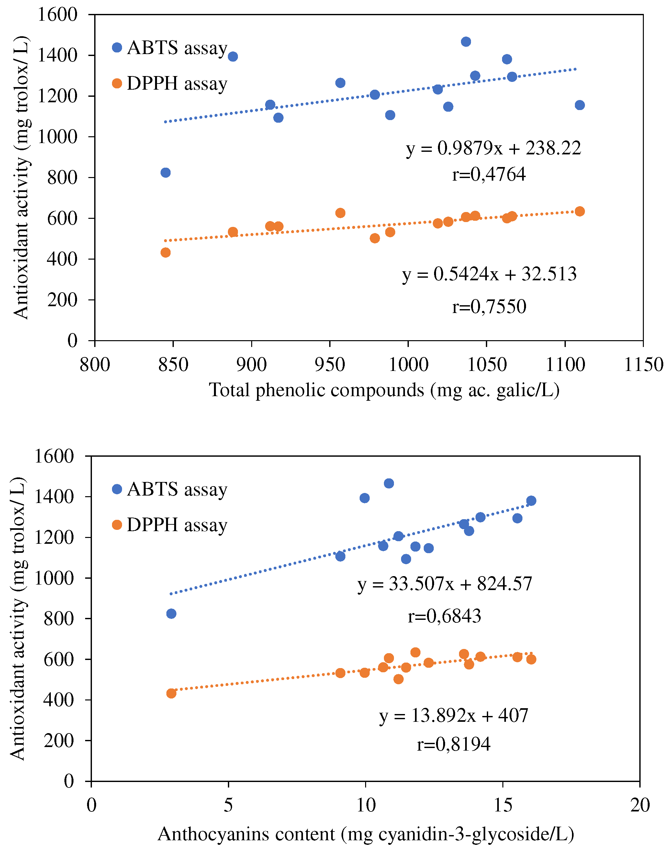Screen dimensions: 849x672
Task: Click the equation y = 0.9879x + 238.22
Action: tap(493, 149)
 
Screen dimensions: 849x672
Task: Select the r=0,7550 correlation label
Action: tap(489, 307)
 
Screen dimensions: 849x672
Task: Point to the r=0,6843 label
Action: tap(444, 616)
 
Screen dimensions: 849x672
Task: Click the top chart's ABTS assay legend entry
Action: tap(170, 48)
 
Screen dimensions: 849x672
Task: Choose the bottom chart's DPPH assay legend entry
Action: tap(170, 525)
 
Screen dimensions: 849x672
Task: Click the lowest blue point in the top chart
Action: tap(166, 173)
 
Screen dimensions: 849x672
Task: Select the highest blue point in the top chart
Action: tap(466, 42)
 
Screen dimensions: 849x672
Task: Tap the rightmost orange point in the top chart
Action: tap(579, 211)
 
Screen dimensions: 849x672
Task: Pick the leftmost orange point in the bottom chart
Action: tap(171, 693)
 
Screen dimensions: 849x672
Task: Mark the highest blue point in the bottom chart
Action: tap(389, 484)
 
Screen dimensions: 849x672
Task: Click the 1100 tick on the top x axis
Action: tap(565, 365)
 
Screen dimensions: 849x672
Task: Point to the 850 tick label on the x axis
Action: tap(173, 365)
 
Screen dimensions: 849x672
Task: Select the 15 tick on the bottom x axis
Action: tap(503, 805)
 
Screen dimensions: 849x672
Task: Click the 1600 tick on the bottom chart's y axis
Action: tap(54, 456)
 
